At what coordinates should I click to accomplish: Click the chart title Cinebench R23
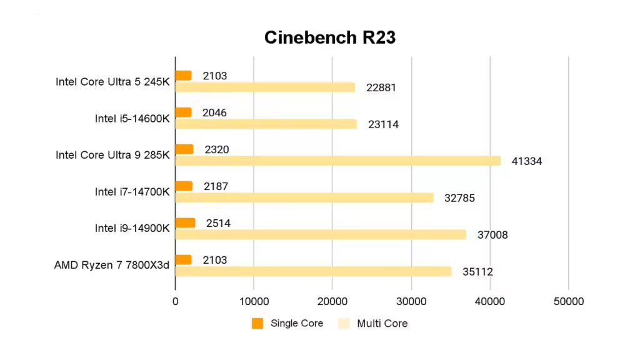329,37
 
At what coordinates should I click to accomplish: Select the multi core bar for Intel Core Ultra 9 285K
337,161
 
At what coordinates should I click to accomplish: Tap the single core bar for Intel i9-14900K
185,223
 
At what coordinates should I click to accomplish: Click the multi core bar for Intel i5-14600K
266,124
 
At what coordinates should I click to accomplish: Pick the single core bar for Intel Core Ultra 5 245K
183,76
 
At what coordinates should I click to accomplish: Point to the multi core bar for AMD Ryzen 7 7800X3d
312,271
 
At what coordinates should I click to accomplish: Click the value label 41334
526,161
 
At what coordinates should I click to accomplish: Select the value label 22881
381,87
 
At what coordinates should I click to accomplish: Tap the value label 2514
217,223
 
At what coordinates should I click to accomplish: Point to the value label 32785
459,198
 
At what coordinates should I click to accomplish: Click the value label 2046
214,112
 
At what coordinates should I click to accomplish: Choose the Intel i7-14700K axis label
132,192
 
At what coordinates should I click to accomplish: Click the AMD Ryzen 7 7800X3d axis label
112,265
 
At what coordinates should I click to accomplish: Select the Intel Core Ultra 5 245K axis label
112,82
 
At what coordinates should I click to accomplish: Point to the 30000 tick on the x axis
411,301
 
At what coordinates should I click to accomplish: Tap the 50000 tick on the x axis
569,301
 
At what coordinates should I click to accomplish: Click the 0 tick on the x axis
175,301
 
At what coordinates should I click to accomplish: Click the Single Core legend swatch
257,323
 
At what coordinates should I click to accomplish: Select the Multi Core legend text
382,323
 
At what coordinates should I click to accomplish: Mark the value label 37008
492,235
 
